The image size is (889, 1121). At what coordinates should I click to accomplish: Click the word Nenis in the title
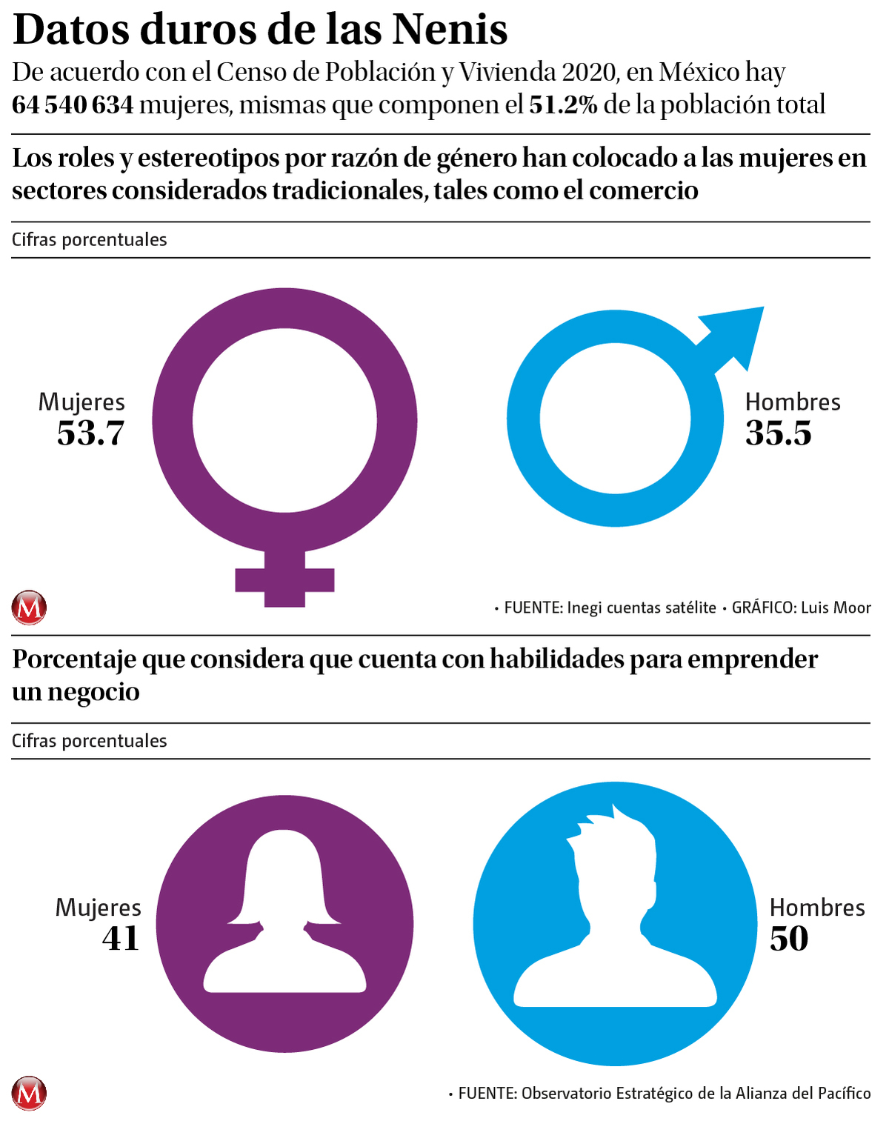[450, 30]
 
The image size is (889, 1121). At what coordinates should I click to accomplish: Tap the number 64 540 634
[73, 105]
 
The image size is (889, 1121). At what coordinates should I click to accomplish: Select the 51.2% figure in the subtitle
[563, 105]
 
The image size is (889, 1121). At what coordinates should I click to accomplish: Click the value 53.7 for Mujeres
[90, 433]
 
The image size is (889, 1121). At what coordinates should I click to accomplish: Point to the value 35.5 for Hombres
[779, 433]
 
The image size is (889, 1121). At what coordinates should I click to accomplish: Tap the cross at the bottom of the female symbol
[284, 579]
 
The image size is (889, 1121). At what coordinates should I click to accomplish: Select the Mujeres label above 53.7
[81, 402]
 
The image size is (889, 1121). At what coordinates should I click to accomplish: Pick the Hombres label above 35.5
[793, 402]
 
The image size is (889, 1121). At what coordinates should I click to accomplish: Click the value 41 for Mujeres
[121, 939]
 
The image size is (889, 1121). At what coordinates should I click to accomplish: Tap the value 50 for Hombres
[789, 939]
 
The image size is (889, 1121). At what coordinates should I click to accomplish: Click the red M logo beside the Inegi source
[29, 608]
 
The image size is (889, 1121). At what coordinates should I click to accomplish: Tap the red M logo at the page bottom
[29, 1093]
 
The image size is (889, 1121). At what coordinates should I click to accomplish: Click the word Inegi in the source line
[585, 608]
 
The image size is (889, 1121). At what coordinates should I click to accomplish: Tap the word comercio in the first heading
[643, 190]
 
